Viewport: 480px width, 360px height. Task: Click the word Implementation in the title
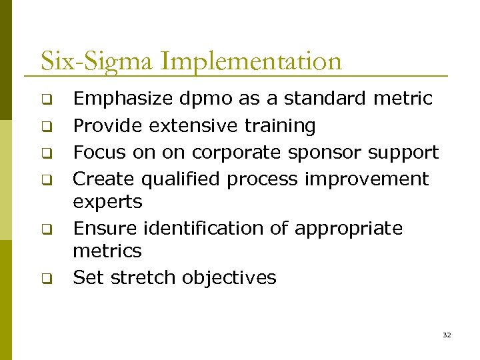[x=251, y=62]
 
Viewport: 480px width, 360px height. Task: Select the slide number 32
[x=447, y=335]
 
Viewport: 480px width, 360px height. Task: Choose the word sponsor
[x=327, y=153]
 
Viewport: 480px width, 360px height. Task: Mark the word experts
[x=107, y=201]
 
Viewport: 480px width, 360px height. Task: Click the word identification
[x=204, y=228]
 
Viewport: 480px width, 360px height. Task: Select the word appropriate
[x=349, y=228]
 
